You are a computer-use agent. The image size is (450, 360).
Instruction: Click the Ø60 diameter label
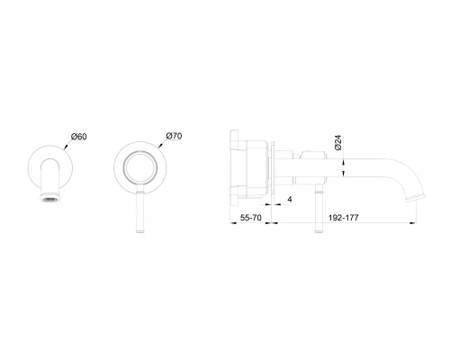click(79, 137)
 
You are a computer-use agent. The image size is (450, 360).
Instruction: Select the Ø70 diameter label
click(174, 136)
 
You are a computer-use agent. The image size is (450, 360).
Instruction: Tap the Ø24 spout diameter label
click(337, 142)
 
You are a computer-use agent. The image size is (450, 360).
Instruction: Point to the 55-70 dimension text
click(251, 218)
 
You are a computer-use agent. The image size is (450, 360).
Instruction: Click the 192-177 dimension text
click(344, 218)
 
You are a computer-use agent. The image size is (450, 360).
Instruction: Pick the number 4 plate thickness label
click(290, 199)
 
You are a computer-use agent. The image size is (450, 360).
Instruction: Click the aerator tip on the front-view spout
click(50, 197)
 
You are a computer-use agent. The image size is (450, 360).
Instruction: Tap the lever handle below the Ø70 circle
click(140, 210)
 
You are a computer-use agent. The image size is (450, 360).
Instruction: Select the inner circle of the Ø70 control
click(140, 153)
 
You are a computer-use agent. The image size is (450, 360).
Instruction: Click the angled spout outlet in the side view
click(416, 198)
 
